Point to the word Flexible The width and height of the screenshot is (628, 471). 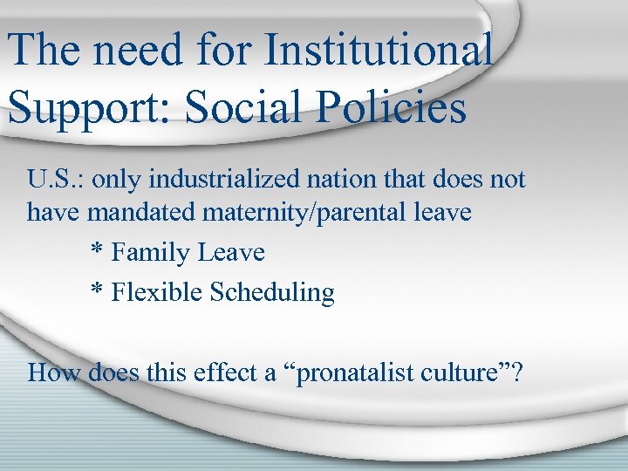coord(158,292)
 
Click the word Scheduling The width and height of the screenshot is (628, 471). coord(273,293)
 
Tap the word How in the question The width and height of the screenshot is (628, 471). coord(48,372)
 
